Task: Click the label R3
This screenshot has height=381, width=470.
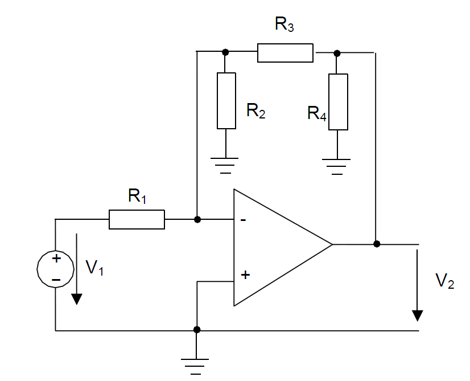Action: pyautogui.click(x=284, y=24)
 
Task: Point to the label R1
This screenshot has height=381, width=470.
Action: pyautogui.click(x=137, y=196)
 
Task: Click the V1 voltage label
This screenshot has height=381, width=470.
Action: pyautogui.click(x=94, y=267)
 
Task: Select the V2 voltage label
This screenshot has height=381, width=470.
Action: pyautogui.click(x=444, y=281)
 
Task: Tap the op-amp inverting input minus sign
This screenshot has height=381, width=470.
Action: pyautogui.click(x=243, y=220)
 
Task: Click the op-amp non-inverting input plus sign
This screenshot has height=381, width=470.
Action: pyautogui.click(x=245, y=275)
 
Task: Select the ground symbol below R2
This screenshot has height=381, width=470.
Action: pyautogui.click(x=225, y=166)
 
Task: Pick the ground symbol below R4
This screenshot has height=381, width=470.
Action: pyautogui.click(x=336, y=167)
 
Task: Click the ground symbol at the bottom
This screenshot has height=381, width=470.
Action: pyautogui.click(x=195, y=367)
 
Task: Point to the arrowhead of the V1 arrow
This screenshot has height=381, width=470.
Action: pyautogui.click(x=77, y=299)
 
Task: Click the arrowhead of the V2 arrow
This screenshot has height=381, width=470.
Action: pyautogui.click(x=417, y=316)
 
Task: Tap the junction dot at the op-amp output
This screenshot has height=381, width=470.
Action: pyautogui.click(x=377, y=244)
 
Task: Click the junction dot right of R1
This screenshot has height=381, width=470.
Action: pyautogui.click(x=197, y=220)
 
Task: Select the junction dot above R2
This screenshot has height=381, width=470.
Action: pyautogui.click(x=225, y=52)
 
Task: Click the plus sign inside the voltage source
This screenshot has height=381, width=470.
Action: pyautogui.click(x=56, y=259)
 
